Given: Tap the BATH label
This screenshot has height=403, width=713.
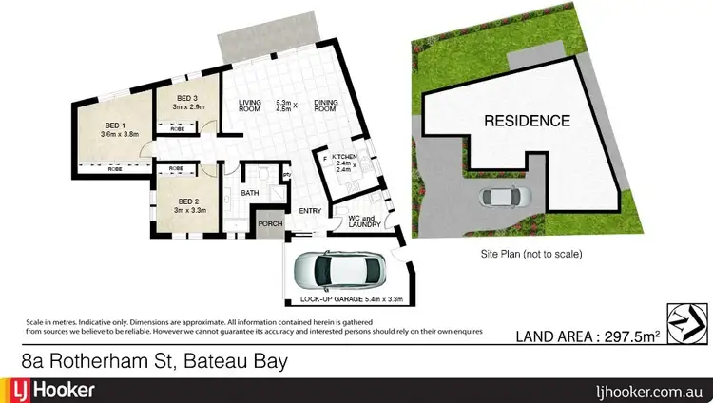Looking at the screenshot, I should [250, 193].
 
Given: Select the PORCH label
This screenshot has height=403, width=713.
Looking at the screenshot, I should [271, 225].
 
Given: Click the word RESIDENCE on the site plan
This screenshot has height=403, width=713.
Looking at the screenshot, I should [527, 121].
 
